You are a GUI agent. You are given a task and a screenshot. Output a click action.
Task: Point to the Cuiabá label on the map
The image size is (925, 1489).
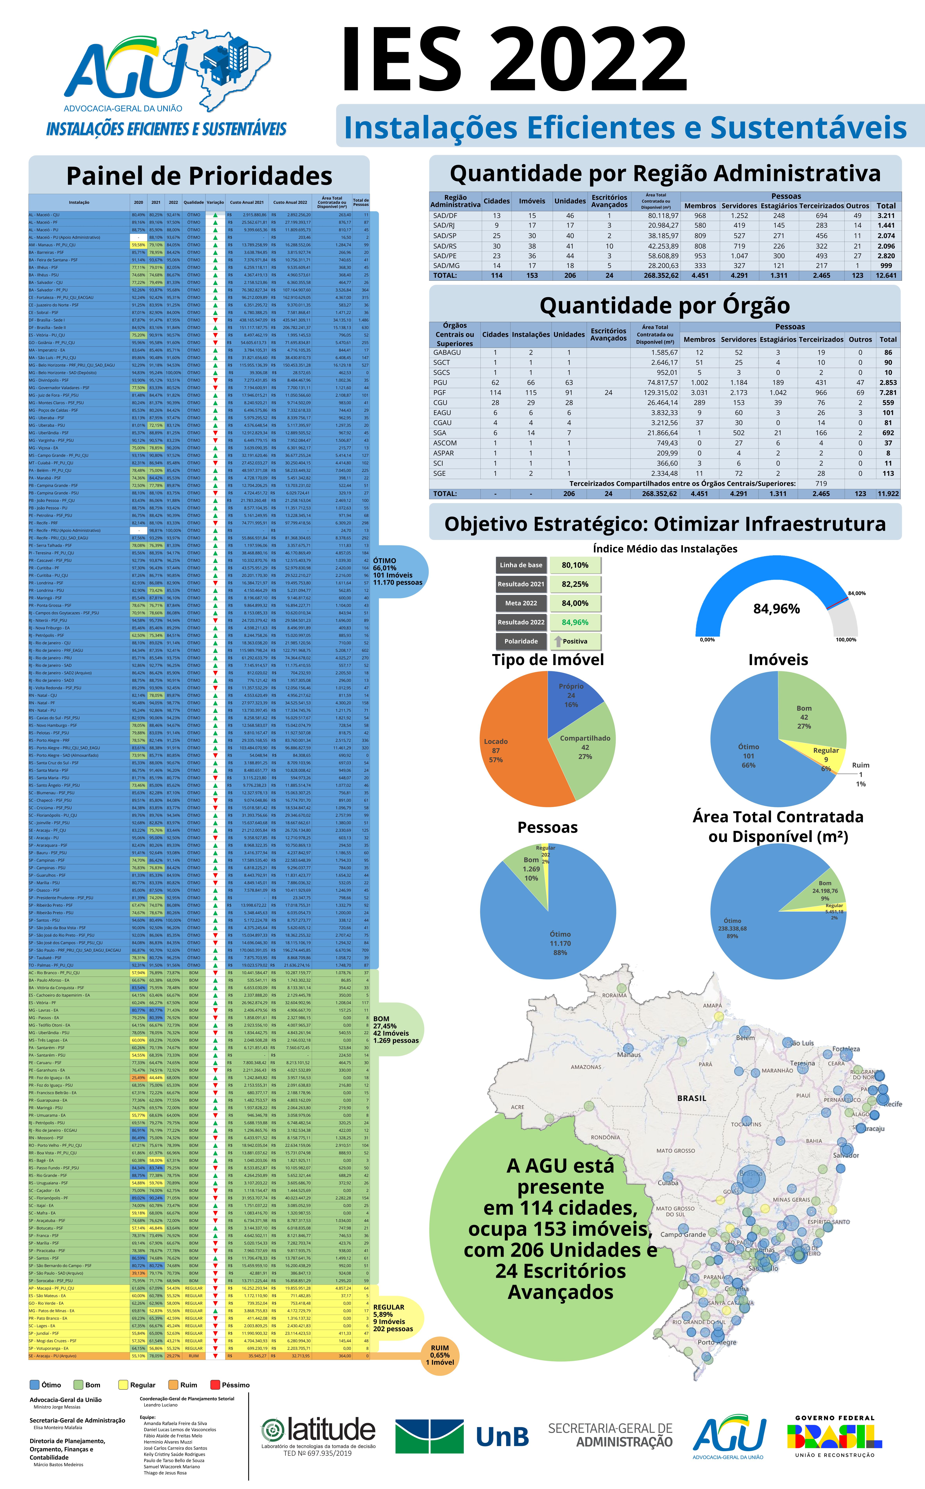(668, 1183)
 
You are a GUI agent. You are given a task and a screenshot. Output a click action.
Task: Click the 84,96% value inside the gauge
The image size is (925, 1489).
(776, 608)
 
